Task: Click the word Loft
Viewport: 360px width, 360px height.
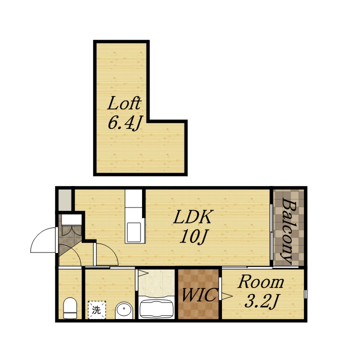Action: (124, 103)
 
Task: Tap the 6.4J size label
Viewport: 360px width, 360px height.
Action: (124, 122)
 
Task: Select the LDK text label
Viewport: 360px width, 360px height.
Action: (192, 216)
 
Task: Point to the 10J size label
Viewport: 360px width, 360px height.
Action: (193, 236)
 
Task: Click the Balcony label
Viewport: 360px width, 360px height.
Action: (288, 231)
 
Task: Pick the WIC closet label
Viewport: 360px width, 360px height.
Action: (199, 294)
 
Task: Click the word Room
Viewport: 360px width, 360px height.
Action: (261, 282)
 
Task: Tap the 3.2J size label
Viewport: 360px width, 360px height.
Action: (261, 301)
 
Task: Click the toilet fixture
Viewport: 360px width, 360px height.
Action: (70, 308)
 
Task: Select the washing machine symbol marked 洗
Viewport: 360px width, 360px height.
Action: (97, 309)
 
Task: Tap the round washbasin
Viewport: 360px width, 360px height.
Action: (124, 310)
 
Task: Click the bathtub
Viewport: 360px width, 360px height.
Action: (156, 307)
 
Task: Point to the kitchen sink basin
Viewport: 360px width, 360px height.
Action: (133, 232)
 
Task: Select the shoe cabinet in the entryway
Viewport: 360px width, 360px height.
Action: (71, 220)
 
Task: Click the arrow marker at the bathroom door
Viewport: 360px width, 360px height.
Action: (143, 273)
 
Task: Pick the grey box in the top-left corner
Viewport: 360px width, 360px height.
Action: (65, 200)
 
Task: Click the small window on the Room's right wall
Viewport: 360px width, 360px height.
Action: (305, 294)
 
